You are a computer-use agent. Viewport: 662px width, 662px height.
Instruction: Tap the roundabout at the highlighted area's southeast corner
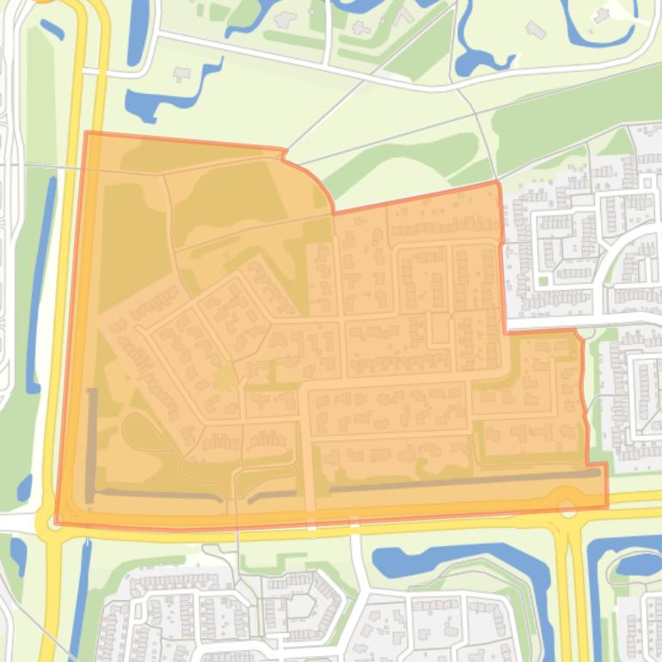click(567, 508)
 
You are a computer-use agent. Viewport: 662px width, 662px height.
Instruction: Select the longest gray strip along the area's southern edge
click(464, 481)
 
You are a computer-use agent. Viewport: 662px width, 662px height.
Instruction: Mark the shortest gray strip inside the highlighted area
click(272, 495)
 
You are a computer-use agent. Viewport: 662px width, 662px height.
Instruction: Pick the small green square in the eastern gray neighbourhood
click(543, 280)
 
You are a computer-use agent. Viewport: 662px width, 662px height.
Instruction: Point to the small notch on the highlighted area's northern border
click(283, 154)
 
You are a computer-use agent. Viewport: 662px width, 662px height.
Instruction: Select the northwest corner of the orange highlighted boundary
click(87, 132)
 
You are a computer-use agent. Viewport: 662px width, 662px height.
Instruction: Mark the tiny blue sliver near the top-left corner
click(52, 29)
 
